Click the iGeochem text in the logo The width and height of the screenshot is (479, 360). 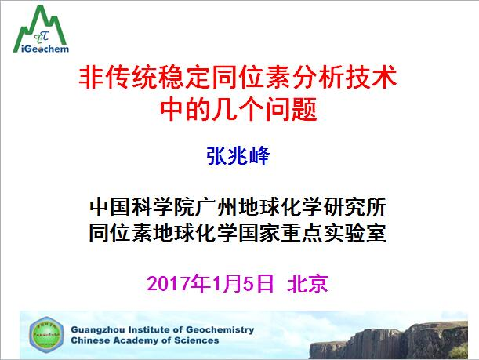[x=41, y=48]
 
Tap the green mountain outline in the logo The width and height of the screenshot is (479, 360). [x=41, y=19]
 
